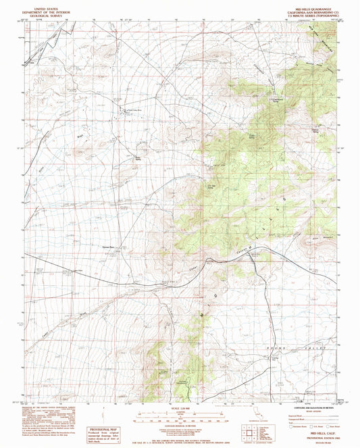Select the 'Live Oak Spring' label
tap(210, 187)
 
